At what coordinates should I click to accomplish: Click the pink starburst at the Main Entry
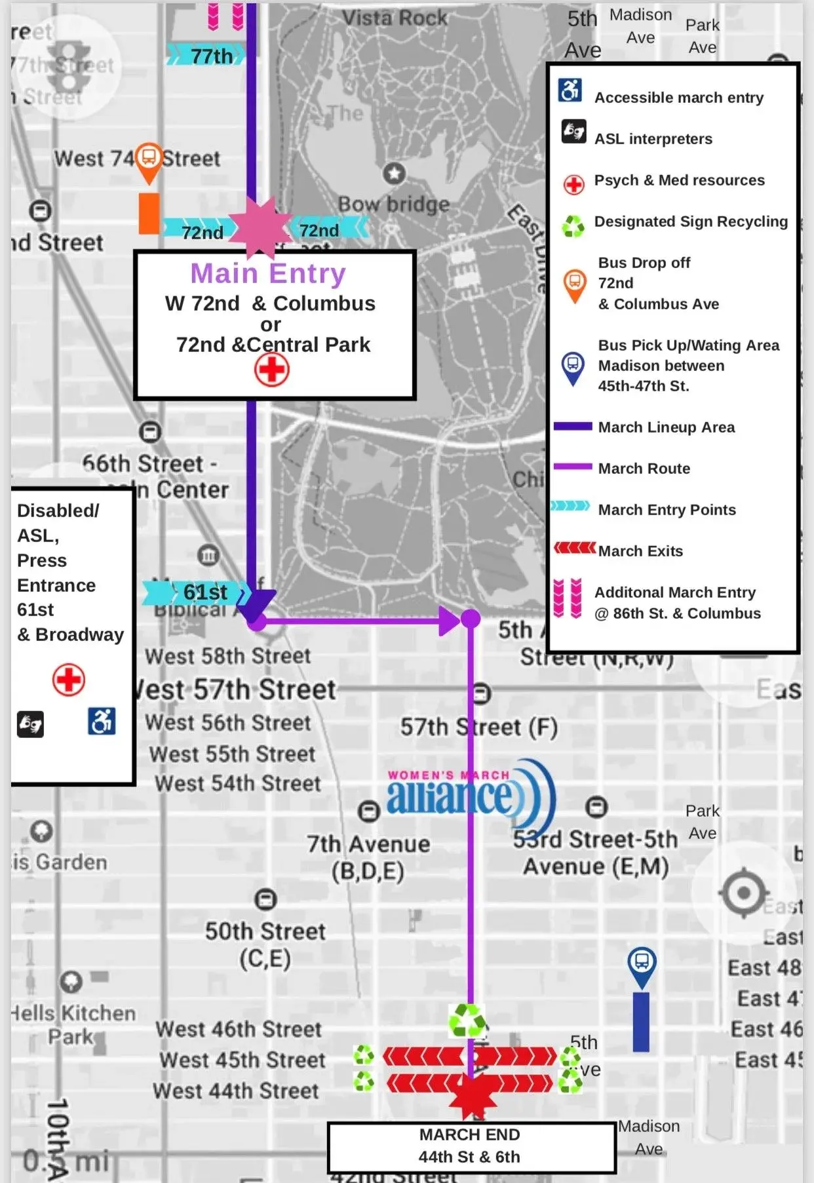pos(260,227)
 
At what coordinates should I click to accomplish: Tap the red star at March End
pos(472,1097)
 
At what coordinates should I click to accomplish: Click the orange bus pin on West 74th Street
pos(149,159)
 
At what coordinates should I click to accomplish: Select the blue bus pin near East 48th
pos(642,965)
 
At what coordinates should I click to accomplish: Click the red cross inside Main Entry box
pos(271,370)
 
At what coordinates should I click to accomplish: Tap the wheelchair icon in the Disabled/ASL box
pos(102,721)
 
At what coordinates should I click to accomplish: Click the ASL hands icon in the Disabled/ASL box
pos(30,724)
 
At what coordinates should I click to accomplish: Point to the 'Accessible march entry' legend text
pos(678,98)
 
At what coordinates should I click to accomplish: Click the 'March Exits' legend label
pos(640,551)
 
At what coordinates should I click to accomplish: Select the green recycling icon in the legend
pos(573,226)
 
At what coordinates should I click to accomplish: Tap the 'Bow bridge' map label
pos(393,204)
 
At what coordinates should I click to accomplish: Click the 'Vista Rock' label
pos(395,18)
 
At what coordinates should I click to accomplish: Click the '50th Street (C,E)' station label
pos(265,944)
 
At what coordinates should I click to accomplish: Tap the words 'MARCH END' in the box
pos(469,1135)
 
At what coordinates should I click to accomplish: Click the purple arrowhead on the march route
pos(449,620)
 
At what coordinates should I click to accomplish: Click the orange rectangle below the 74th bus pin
pos(149,213)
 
